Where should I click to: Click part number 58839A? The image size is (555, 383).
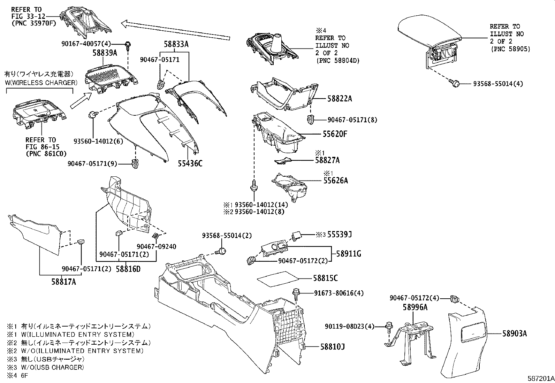coord(105,53)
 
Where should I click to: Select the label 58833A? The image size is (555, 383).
coord(176,44)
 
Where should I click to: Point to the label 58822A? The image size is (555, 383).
coord(340,99)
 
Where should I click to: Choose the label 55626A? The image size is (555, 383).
coord(335,181)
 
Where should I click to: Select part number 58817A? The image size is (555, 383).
coord(63,282)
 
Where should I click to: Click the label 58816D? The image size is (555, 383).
coord(128,269)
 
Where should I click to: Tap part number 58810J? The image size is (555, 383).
coord(333,347)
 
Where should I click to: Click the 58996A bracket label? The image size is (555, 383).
coord(415,307)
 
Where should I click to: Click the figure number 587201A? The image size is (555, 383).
coord(540,378)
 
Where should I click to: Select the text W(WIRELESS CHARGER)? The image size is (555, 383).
coord(41,83)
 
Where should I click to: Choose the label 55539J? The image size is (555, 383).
coord(339,235)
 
